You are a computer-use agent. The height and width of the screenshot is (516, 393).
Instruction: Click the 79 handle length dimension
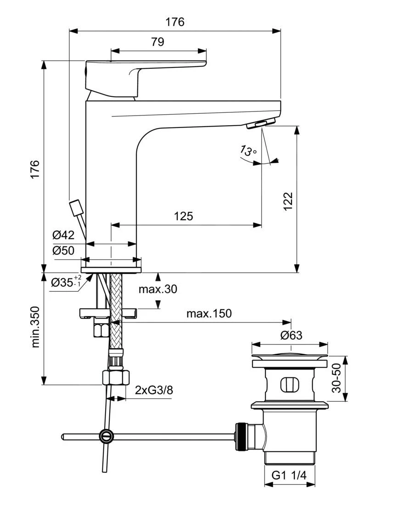[157, 42]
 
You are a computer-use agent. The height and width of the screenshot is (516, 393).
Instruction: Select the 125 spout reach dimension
[183, 216]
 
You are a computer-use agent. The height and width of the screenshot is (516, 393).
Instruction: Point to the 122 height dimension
[287, 201]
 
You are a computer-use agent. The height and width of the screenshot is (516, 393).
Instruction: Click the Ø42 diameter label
[63, 235]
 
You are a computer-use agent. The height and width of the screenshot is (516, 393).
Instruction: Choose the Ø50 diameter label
[63, 250]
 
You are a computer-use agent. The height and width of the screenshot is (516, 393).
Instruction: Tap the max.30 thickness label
[157, 289]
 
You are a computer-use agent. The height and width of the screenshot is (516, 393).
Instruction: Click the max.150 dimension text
[209, 314]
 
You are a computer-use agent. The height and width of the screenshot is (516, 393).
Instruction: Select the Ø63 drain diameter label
[291, 335]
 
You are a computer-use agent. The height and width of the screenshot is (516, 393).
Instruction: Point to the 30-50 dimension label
[337, 378]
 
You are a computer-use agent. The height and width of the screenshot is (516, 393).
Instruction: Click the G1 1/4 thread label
[289, 476]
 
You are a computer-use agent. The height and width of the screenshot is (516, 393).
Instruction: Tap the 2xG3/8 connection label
[154, 390]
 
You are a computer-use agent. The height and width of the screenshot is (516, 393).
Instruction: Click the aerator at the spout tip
[260, 123]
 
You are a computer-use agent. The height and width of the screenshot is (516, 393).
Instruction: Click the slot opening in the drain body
[289, 383]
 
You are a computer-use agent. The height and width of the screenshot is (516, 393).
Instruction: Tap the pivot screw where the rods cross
[106, 436]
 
